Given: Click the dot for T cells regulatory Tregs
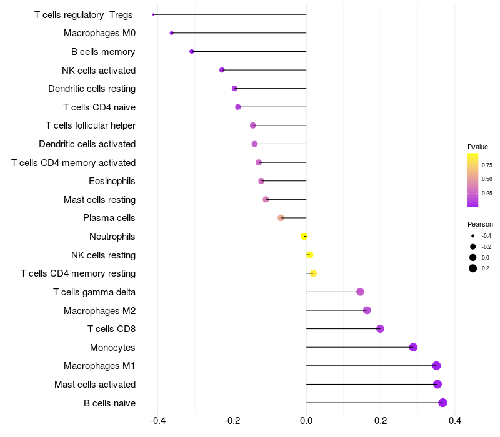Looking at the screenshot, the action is [153, 14].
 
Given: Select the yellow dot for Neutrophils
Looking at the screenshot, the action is [304, 237].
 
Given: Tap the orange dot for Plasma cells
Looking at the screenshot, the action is [281, 218].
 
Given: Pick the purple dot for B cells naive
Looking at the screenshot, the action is [442, 403].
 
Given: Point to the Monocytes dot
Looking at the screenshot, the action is [413, 347].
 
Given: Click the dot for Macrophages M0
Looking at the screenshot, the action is [171, 33].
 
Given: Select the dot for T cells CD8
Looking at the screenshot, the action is [380, 329].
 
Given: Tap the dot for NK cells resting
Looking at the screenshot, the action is [309, 255].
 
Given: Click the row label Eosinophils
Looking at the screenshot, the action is [112, 181].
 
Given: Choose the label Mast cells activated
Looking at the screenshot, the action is [95, 385].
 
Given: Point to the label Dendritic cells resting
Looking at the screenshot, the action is [92, 89].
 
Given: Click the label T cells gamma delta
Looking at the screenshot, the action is [94, 292].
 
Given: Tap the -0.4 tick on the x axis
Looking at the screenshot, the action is [157, 421].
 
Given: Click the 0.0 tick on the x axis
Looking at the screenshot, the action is [306, 421].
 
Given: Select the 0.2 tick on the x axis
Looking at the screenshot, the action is [381, 421].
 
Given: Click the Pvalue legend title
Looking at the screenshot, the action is [477, 147].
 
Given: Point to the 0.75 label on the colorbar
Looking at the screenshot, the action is [487, 165].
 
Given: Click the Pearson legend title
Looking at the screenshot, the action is [480, 224].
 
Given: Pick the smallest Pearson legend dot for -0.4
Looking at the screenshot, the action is [473, 236].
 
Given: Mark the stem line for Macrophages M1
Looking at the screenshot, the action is [371, 366].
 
